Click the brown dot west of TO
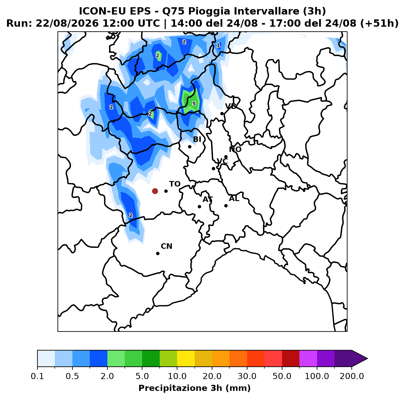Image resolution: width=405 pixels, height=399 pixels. click(155, 191)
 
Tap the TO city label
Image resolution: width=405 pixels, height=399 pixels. click(175, 184)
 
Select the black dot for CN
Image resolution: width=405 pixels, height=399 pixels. click(158, 253)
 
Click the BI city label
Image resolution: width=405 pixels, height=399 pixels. click(197, 139)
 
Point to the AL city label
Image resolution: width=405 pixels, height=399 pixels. click(234, 199)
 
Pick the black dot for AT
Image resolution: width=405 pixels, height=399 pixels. click(199, 206)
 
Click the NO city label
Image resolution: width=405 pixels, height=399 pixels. click(235, 149)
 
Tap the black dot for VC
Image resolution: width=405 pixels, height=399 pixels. click(213, 168)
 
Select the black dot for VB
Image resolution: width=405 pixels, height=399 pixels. click(222, 113)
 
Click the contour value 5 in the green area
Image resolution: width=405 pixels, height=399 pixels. click(194, 104)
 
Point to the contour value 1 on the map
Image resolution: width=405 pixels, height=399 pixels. click(218, 45)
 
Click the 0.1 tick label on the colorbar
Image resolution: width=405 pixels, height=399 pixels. click(37, 376)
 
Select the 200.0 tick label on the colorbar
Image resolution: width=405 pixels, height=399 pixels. click(352, 376)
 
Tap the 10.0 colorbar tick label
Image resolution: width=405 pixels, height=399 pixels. click(177, 376)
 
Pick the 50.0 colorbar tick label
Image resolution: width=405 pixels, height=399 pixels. click(282, 376)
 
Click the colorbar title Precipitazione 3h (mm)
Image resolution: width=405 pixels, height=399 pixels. click(194, 388)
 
